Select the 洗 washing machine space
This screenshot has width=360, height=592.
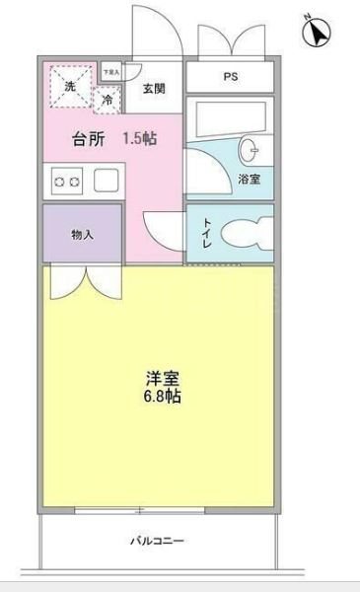(x=69, y=86)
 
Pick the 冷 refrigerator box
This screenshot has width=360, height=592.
(x=106, y=99)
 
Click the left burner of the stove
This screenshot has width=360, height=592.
(x=60, y=182)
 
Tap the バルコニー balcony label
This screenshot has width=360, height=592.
(x=158, y=542)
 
